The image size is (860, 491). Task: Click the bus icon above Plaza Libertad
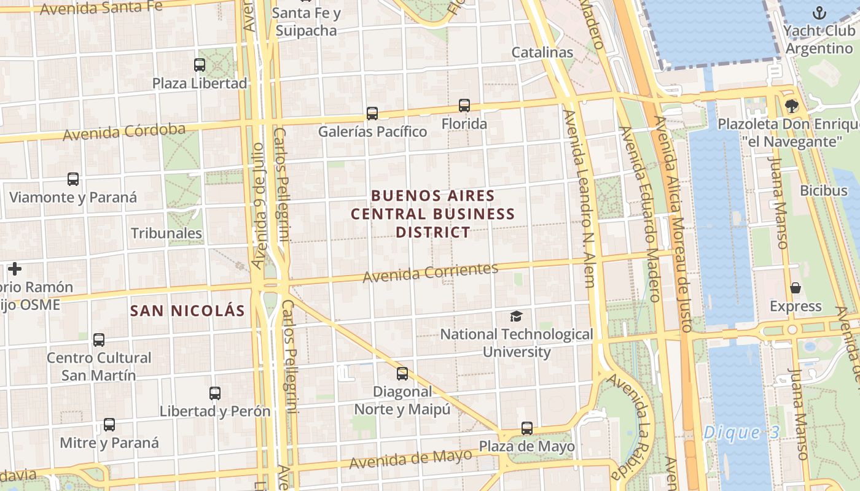tap(200, 64)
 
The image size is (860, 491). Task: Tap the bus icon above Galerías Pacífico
tap(372, 113)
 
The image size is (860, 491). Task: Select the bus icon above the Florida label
tap(464, 106)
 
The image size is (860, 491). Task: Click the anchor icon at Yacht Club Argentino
tap(819, 12)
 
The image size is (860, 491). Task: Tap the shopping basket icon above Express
tap(795, 288)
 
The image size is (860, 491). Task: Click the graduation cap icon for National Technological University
tap(516, 316)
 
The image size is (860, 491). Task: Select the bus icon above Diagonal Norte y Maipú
tap(402, 373)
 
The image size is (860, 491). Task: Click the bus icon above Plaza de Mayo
tap(526, 428)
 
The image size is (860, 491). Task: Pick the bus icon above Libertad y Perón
tap(215, 393)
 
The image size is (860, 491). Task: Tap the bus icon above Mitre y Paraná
tap(109, 424)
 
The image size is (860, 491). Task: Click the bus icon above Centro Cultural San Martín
tap(99, 339)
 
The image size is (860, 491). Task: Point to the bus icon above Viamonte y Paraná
tap(73, 179)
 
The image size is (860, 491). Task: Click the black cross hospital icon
tap(15, 269)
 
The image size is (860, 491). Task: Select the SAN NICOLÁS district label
tap(187, 311)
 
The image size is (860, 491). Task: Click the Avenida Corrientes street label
tap(430, 273)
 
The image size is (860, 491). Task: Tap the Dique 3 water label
tap(741, 432)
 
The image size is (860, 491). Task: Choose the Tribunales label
tap(166, 233)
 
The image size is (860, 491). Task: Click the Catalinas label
tap(542, 52)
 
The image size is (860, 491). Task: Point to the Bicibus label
tap(823, 190)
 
